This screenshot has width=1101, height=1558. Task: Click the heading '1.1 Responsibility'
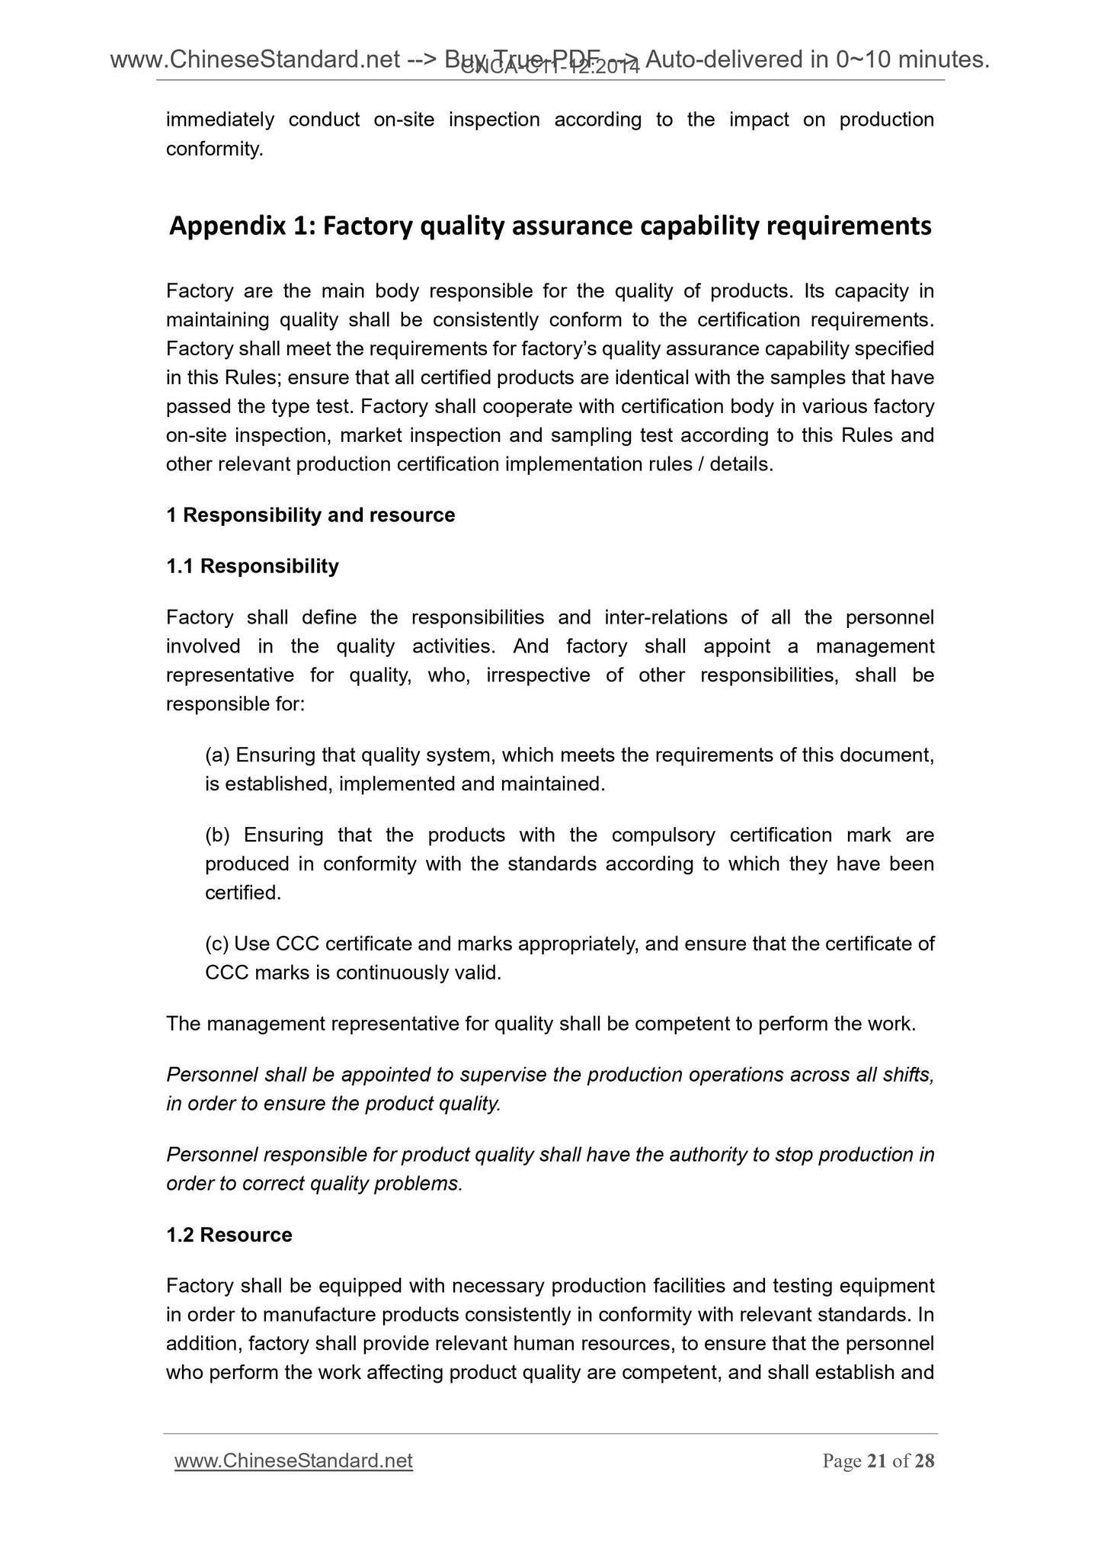tap(252, 566)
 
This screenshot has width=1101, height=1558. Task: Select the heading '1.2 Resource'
tap(229, 1235)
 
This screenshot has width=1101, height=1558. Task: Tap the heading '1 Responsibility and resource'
tap(310, 515)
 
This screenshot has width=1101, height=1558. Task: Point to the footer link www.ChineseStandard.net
tap(293, 1461)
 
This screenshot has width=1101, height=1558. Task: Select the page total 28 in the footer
tap(924, 1461)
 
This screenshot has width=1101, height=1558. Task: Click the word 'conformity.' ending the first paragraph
tap(215, 149)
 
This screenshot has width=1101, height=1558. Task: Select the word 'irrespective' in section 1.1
tap(538, 675)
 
